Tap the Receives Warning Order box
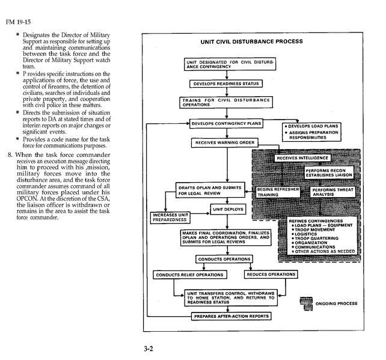click(x=225, y=143)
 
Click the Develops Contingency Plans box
click(x=227, y=123)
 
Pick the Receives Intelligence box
click(x=302, y=157)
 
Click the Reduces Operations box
click(x=271, y=274)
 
